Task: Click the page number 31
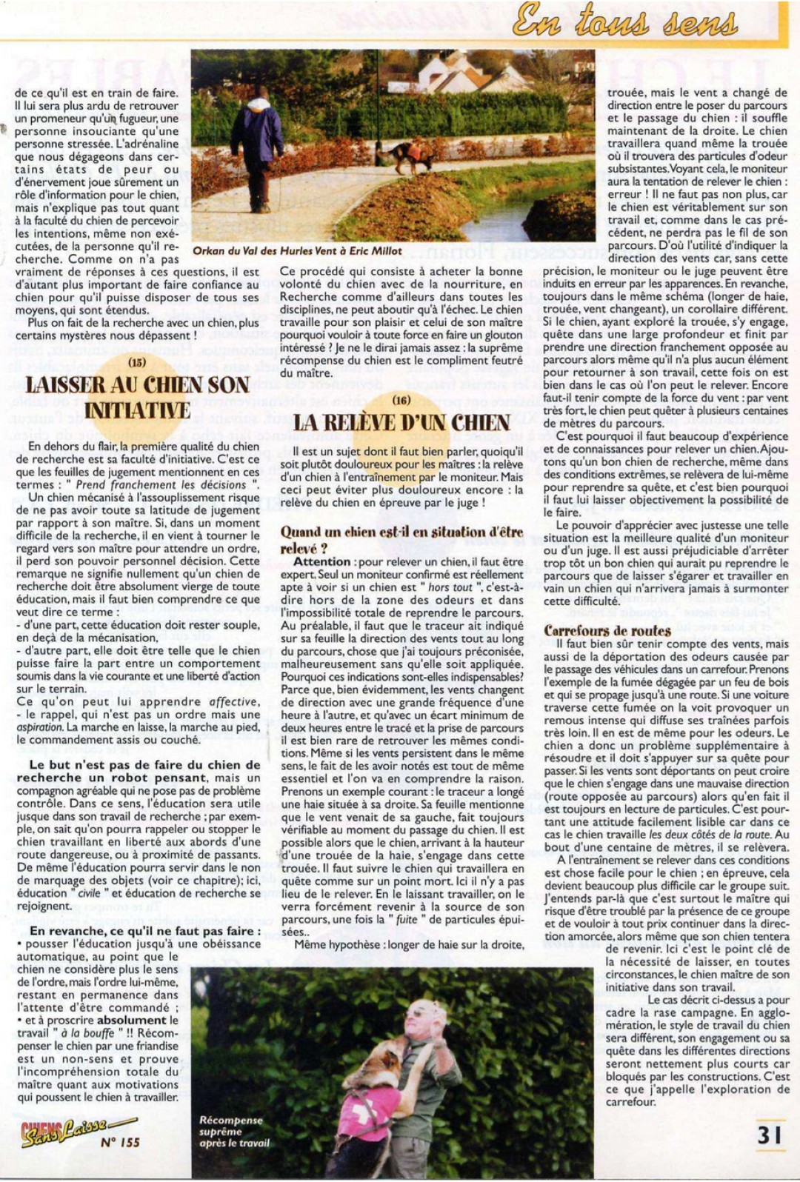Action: click(770, 1135)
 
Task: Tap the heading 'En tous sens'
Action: click(625, 20)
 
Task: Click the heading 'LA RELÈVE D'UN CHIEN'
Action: click(401, 423)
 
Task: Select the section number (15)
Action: click(137, 363)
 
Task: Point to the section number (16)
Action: click(401, 400)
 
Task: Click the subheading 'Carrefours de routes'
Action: click(607, 631)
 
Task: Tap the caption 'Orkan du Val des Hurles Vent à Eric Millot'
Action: click(298, 251)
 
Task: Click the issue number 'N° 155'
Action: click(120, 1142)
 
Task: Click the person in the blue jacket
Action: click(261, 144)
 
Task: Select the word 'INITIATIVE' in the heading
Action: click(138, 411)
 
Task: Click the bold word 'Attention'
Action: click(322, 561)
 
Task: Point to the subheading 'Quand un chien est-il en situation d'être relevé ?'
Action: click(401, 540)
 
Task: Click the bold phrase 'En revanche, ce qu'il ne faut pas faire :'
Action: click(145, 931)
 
